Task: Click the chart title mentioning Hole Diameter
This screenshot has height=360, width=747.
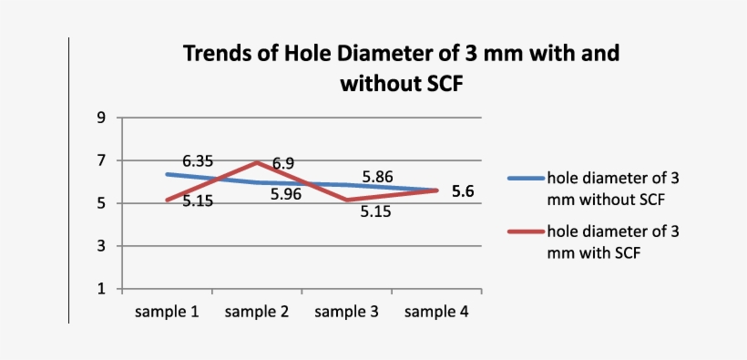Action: pos(401,68)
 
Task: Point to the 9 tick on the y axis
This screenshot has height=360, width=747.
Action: pos(102,118)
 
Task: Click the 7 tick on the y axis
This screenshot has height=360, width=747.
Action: pos(102,160)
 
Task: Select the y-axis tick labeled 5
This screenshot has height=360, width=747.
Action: pos(102,203)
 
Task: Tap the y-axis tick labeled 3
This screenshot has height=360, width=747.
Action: pos(102,246)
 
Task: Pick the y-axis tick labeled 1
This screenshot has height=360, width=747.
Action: pos(102,289)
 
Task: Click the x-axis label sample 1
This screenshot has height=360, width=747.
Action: pos(168,312)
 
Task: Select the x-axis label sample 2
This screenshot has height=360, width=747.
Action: pos(257,312)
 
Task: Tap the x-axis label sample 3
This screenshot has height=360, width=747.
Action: pos(347,312)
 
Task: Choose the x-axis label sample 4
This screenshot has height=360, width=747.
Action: pos(436,312)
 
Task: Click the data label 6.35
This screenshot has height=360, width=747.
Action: pos(198,160)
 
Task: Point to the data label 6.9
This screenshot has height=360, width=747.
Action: pos(282,163)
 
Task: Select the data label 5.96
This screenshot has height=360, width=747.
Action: pos(285,194)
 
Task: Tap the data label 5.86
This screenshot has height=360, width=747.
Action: pos(377,177)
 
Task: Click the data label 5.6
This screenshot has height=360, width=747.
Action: pos(464,191)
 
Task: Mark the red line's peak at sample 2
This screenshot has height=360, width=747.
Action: pos(257,162)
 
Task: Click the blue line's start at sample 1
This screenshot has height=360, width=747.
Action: pos(168,174)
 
